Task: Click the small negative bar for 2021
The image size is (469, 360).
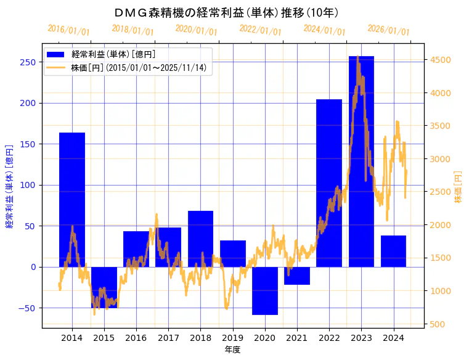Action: (x=296, y=276)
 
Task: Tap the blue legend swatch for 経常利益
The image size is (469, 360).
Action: (x=57, y=55)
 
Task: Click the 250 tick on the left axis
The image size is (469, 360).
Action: (x=28, y=62)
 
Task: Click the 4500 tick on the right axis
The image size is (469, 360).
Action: (x=441, y=60)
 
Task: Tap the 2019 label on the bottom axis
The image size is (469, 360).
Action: (x=232, y=338)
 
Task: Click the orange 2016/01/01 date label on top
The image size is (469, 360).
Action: (x=68, y=30)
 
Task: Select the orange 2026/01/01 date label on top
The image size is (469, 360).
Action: (x=388, y=30)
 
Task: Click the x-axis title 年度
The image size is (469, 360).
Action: (x=232, y=350)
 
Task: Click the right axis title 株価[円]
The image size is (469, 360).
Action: (x=458, y=187)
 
